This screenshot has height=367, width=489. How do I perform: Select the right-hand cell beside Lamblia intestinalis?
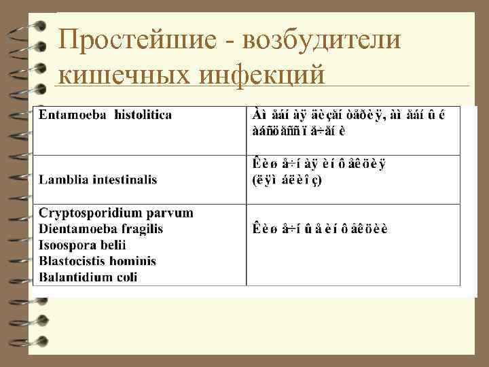coord(353,179)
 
